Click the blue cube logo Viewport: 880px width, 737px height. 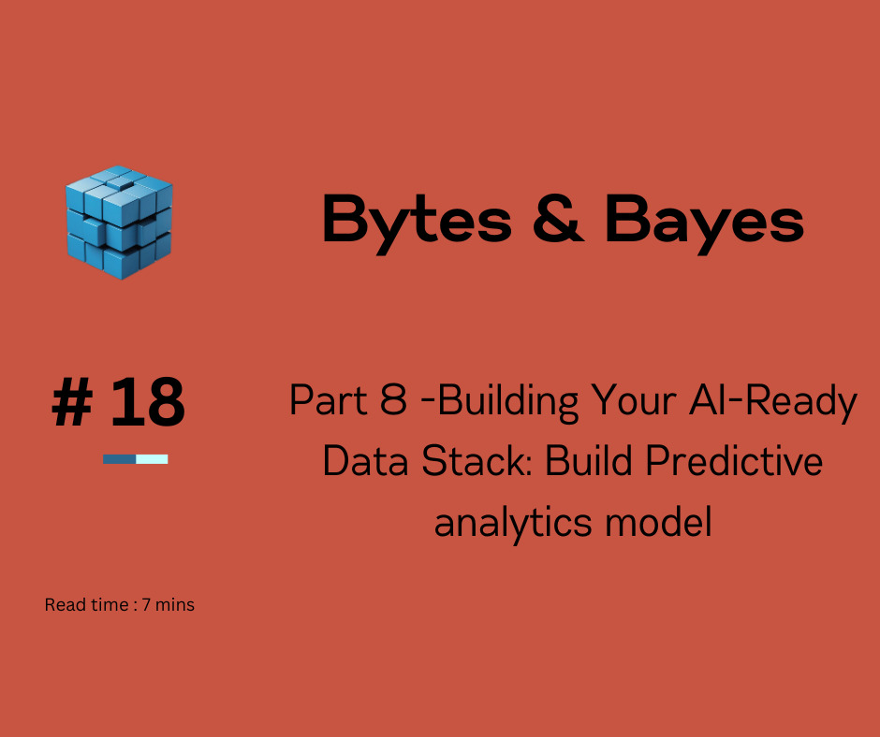click(x=119, y=222)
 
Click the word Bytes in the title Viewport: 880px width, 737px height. click(x=416, y=221)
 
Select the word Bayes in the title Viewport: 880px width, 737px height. click(x=704, y=221)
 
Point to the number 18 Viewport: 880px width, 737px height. click(x=147, y=403)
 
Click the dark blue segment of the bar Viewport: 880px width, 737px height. click(x=119, y=459)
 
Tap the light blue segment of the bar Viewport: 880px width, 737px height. click(x=152, y=459)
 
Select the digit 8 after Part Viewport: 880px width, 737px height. click(x=392, y=401)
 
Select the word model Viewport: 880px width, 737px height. click(x=663, y=521)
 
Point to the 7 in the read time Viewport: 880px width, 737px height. click(x=146, y=605)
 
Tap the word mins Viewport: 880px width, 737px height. click(x=175, y=605)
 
